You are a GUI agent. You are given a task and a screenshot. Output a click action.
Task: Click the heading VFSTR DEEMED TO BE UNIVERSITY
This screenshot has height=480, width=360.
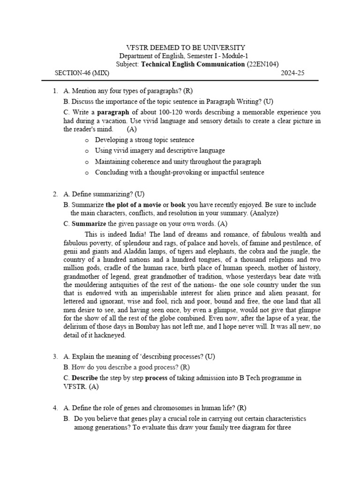tap(186, 48)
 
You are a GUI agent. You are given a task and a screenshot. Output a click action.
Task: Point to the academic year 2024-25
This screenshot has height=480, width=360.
tap(292, 74)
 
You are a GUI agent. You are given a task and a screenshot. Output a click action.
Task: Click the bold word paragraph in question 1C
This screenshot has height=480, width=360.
tap(113, 112)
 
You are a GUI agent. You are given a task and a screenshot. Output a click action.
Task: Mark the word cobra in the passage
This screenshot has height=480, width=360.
tap(266, 251)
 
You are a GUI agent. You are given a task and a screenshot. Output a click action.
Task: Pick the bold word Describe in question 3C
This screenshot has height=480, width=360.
tap(85, 378)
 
